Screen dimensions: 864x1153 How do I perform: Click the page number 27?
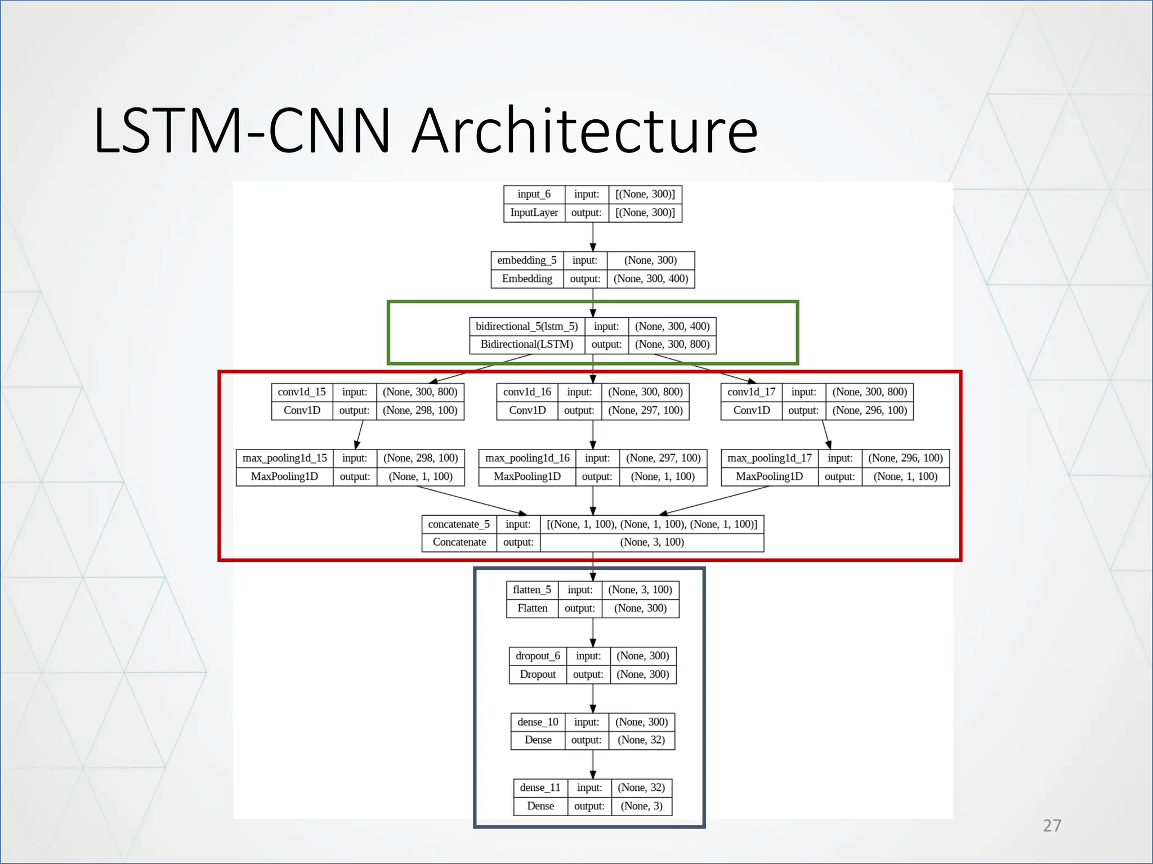tap(1052, 825)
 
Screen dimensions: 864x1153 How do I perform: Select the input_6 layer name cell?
tap(534, 194)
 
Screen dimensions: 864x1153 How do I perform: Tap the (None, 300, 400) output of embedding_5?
tap(651, 278)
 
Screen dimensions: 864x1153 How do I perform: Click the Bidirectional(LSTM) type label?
tap(526, 344)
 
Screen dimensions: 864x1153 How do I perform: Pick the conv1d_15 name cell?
tap(302, 392)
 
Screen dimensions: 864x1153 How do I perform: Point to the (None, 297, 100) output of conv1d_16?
tap(645, 411)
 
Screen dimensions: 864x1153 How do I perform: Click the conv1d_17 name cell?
tap(751, 392)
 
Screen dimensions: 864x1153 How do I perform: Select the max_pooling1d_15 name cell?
tap(284, 458)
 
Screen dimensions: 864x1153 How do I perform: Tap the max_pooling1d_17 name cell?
tap(769, 458)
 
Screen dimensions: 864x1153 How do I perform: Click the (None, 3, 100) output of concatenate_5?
tap(651, 542)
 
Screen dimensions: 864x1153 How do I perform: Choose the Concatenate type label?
tap(459, 542)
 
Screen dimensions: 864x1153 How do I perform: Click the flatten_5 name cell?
tap(531, 589)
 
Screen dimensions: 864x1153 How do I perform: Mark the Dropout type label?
tap(537, 674)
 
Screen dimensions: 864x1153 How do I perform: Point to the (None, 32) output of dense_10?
tap(641, 740)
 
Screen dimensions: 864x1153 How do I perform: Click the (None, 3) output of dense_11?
tap(641, 806)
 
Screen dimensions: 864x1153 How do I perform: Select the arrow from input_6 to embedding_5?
tap(593, 236)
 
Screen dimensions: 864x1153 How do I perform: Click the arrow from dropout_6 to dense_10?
tap(593, 698)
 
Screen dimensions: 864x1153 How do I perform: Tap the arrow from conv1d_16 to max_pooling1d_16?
tap(593, 434)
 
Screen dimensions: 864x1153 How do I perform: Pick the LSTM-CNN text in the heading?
tap(242, 132)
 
